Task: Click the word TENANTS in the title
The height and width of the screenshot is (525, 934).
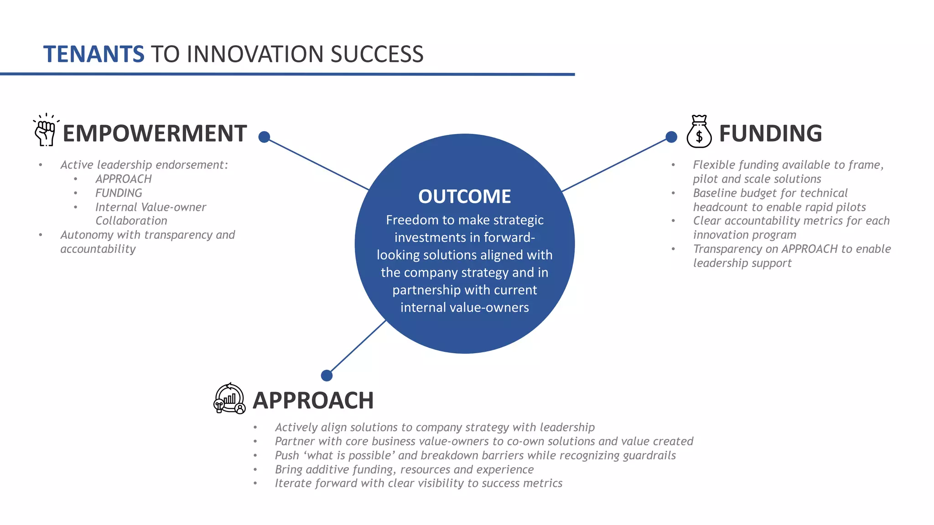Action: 93,54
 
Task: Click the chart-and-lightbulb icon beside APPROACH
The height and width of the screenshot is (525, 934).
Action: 229,398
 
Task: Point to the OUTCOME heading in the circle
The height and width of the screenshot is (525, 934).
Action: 464,196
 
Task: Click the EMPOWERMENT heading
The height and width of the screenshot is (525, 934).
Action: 155,134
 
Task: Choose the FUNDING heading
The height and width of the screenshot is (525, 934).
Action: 770,134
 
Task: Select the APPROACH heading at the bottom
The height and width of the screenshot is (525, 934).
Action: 313,401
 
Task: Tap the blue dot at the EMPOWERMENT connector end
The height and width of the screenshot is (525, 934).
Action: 264,137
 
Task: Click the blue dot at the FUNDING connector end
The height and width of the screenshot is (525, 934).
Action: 671,137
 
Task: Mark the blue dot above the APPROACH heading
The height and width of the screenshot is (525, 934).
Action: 327,376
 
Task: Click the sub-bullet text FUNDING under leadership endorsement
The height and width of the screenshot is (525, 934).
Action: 119,193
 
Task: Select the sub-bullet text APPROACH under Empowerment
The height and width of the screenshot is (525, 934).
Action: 123,179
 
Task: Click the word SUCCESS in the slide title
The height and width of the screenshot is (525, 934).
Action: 377,54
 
